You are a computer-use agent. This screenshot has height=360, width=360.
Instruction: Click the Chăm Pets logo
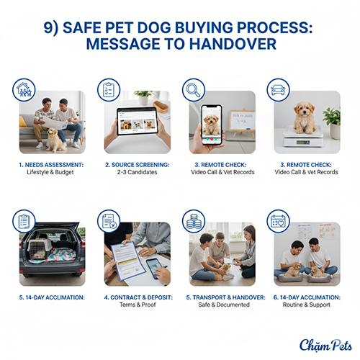(325, 346)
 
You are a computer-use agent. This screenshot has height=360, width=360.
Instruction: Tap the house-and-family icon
(24, 90)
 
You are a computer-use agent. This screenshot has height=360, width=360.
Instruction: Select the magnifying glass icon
(194, 90)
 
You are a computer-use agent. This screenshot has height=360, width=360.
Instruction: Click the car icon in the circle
(278, 90)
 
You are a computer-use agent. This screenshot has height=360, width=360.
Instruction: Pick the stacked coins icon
(194, 221)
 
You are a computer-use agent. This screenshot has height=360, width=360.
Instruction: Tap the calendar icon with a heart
(278, 221)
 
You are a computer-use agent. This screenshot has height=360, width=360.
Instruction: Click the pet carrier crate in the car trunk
(40, 249)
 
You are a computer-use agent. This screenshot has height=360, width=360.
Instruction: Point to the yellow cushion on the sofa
(23, 122)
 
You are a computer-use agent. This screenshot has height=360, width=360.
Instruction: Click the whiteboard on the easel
(242, 120)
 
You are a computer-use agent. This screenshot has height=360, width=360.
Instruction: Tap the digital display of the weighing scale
(303, 143)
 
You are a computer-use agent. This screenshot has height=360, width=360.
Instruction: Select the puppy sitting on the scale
(305, 117)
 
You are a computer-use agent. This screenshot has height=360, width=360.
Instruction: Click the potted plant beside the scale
(333, 123)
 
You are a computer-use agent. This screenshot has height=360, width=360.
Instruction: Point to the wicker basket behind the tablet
(161, 107)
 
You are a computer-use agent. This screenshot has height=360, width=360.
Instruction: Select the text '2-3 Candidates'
(137, 172)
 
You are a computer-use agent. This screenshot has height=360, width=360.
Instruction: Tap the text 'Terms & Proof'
(138, 305)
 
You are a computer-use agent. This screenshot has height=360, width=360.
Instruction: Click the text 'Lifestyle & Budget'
(50, 172)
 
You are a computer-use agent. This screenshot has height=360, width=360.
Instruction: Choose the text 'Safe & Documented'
(224, 305)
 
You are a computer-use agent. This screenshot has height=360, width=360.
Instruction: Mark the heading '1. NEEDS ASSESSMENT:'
(51, 165)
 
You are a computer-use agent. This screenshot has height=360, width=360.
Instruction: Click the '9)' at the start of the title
(51, 28)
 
